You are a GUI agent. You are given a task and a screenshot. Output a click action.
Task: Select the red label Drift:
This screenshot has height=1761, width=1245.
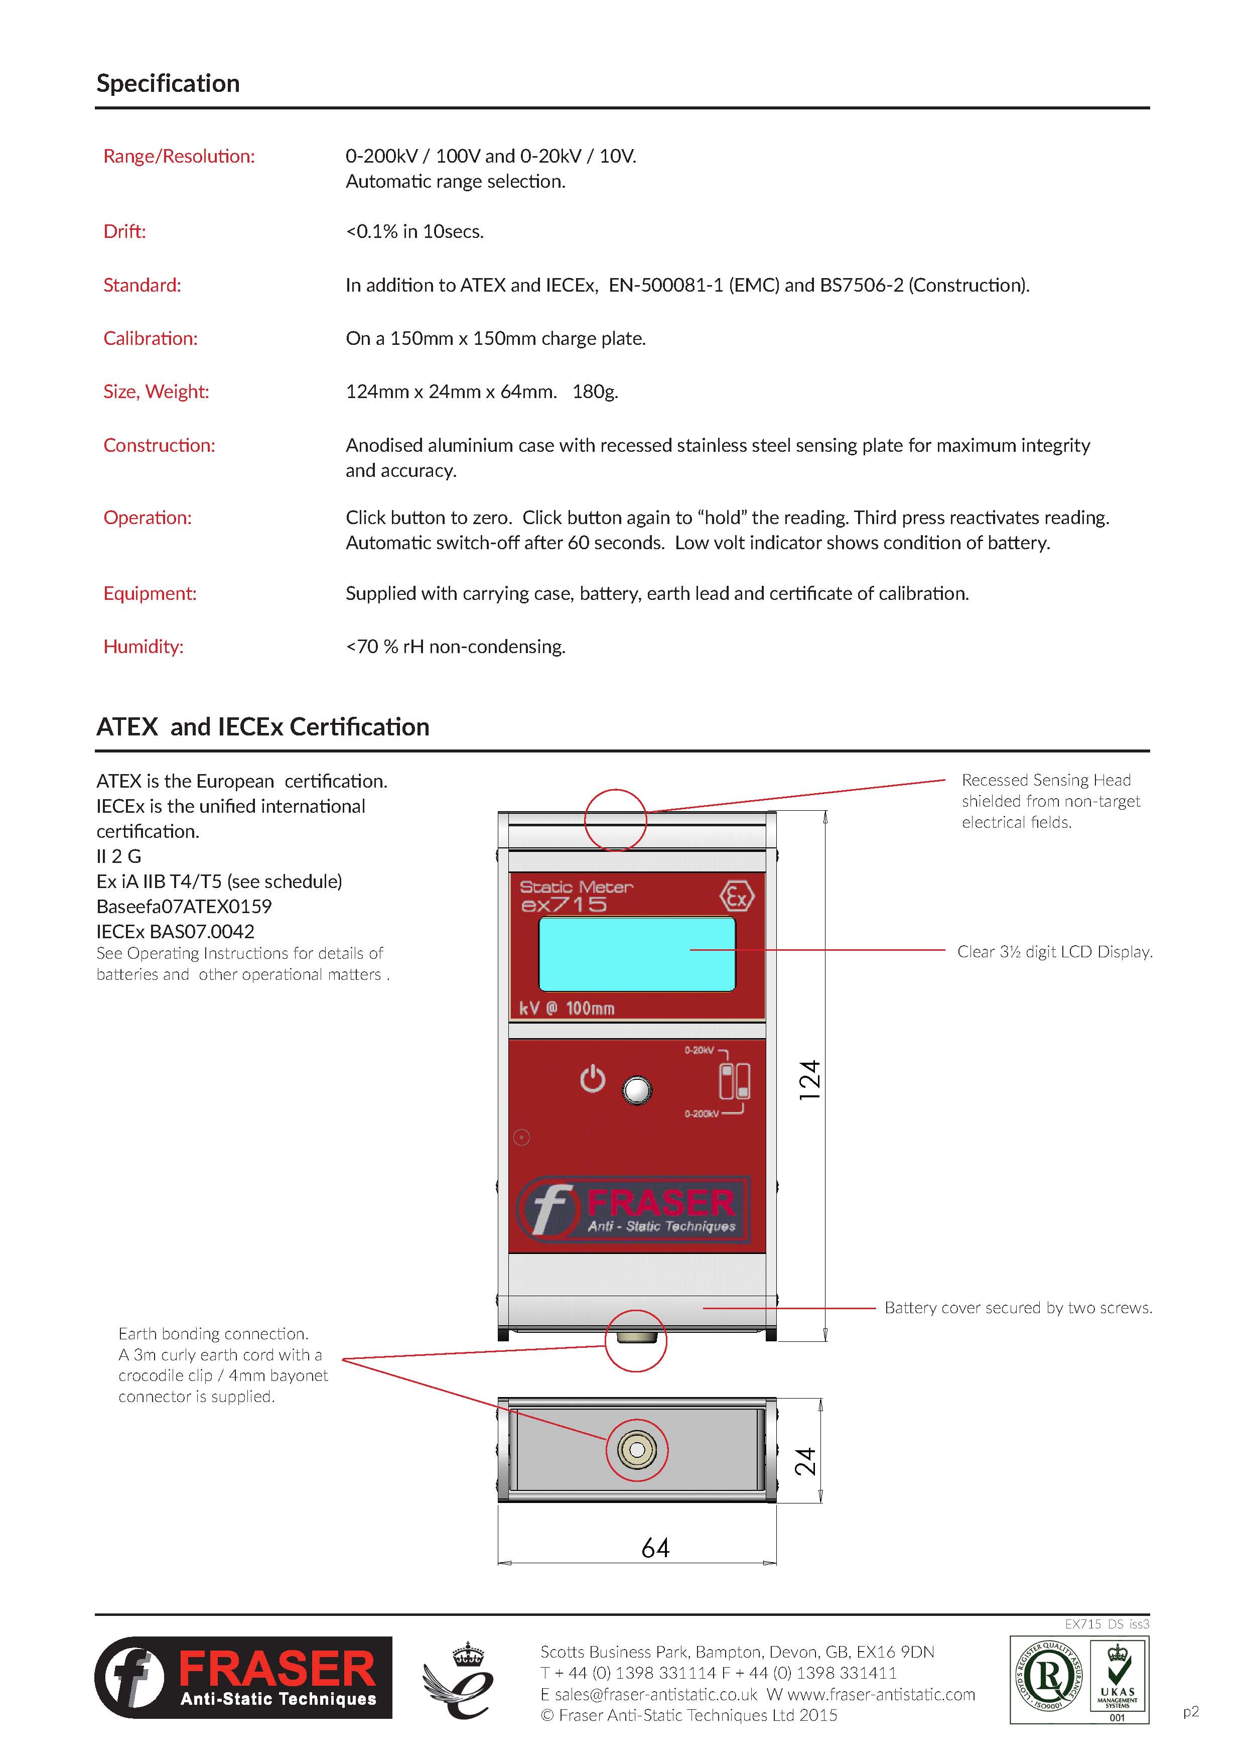click(124, 231)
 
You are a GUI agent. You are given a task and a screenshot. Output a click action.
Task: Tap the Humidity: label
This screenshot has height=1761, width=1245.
click(144, 647)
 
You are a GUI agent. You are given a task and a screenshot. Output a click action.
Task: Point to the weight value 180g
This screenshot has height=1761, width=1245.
click(595, 392)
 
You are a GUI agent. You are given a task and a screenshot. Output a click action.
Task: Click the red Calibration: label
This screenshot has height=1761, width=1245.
click(150, 338)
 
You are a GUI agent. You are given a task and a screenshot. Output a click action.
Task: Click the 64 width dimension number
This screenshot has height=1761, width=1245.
click(655, 1548)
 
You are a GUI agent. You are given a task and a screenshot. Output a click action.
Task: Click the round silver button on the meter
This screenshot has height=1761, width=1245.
click(638, 1090)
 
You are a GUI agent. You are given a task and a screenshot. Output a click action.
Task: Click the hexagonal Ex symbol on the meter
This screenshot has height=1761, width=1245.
click(737, 897)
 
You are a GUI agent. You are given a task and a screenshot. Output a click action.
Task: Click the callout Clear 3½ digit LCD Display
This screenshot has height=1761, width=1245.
click(1054, 952)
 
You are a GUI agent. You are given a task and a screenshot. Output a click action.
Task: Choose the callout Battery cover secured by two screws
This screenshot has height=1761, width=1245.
click(1018, 1308)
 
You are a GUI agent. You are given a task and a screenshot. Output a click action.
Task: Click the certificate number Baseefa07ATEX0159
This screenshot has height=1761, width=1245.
click(184, 907)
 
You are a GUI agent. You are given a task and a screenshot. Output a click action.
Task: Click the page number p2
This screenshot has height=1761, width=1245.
click(1191, 1711)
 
